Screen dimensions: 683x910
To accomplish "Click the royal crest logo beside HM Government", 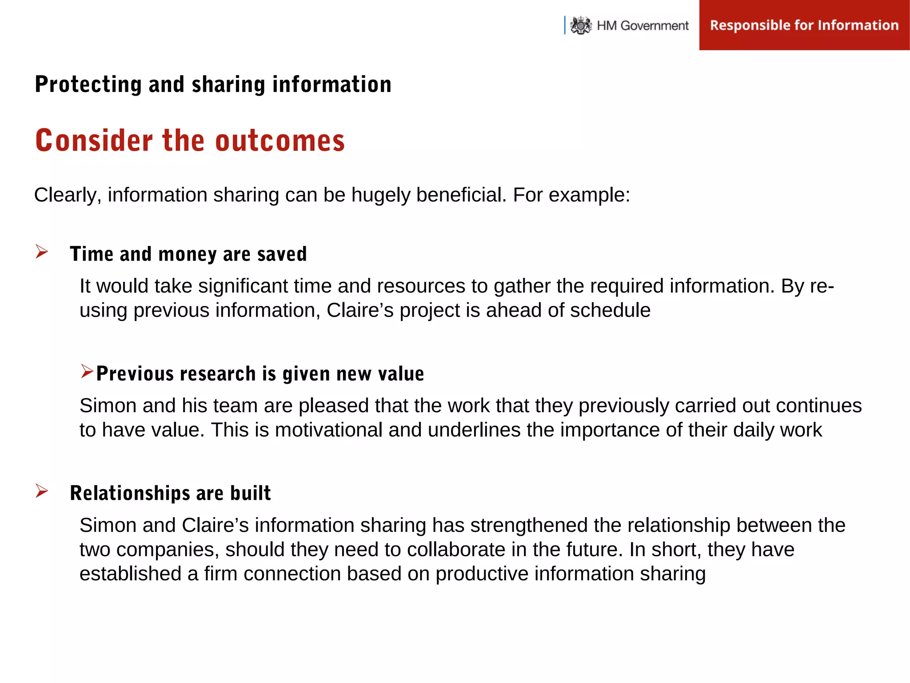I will point(581,25).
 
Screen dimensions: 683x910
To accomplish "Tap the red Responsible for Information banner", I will point(804,25).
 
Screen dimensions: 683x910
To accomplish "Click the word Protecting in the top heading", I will point(88,84).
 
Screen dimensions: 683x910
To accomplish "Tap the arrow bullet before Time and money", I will point(42,252).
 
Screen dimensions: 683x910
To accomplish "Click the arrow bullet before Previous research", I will point(87,371).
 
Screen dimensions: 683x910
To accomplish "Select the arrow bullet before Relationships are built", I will point(42,491).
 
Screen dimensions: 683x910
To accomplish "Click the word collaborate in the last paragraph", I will point(456,550).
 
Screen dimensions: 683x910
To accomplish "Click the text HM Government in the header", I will point(643,26).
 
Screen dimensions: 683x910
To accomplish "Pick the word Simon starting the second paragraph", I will point(108,406).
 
